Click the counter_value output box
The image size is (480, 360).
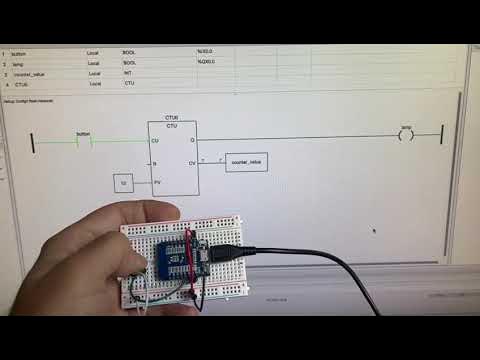[245, 161]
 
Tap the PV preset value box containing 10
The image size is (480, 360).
[124, 182]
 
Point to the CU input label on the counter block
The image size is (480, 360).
[155, 141]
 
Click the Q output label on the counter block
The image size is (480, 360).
[192, 141]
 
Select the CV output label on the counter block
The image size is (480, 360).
[191, 161]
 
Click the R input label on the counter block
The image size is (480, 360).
[154, 161]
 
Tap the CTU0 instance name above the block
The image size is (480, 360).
[172, 117]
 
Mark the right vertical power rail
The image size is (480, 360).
[441, 137]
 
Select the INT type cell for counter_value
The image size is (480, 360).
[128, 73]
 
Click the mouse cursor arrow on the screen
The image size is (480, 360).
[374, 232]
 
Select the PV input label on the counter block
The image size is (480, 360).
[156, 182]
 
